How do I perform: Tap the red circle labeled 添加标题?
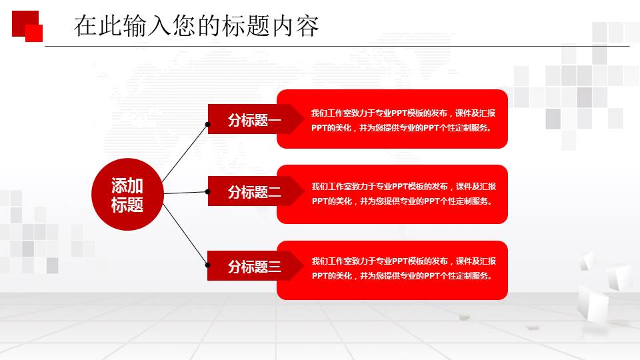(x=127, y=195)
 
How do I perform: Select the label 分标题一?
(x=254, y=120)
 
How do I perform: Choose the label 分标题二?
(x=254, y=192)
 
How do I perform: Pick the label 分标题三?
(x=254, y=267)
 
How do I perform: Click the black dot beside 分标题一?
(x=208, y=124)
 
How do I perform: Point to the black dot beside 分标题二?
(x=208, y=191)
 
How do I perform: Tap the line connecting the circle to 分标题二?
(x=185, y=192)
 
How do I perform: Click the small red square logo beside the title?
(x=27, y=26)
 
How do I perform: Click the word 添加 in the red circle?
(x=127, y=186)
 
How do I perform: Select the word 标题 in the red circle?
(x=127, y=205)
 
